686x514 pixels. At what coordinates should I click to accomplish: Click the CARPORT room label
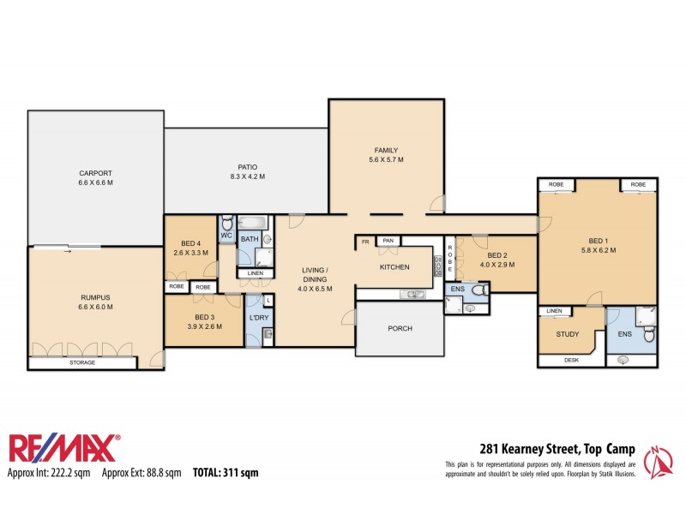click(96, 176)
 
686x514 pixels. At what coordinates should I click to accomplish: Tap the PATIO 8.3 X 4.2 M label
click(247, 172)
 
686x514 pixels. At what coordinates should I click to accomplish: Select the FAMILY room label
click(385, 154)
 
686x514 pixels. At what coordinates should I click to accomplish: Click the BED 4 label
click(190, 248)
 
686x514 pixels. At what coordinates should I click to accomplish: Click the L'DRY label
click(257, 319)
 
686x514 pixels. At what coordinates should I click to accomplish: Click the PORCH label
click(400, 328)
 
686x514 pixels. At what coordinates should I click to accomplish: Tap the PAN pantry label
click(388, 242)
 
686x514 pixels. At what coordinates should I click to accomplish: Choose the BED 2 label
click(498, 260)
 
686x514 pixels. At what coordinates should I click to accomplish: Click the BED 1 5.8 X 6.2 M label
click(598, 245)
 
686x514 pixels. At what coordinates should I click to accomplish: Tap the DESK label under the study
click(571, 360)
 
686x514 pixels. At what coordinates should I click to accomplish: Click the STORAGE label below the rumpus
click(82, 362)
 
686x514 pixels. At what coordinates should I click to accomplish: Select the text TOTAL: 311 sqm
click(225, 472)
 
